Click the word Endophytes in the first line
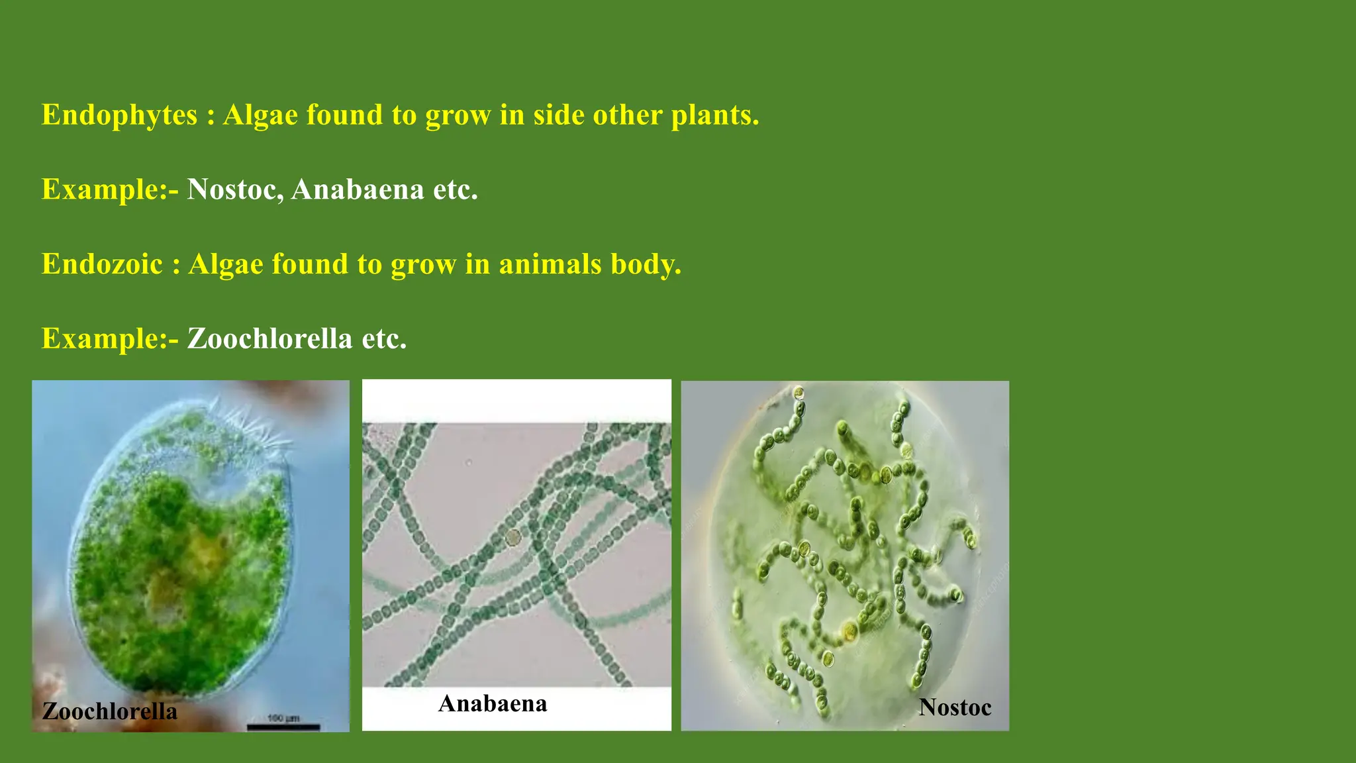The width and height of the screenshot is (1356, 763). tap(119, 115)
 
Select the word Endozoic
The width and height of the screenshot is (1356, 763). tap(102, 264)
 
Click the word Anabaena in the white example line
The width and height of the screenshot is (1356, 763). tap(358, 189)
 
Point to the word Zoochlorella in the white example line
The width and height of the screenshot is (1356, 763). tap(269, 339)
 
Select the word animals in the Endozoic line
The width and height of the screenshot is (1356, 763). tap(550, 264)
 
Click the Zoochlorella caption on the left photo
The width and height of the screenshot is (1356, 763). tap(110, 711)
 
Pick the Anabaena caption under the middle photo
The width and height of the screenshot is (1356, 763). tap(493, 703)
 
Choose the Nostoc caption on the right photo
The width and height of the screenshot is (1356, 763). tap(955, 707)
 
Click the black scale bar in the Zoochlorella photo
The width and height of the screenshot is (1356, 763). tap(283, 728)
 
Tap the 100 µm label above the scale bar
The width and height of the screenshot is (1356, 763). tap(283, 718)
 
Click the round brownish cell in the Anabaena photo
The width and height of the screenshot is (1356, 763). tap(513, 537)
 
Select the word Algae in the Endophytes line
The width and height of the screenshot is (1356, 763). tap(260, 115)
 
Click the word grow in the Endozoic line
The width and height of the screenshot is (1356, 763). tap(423, 264)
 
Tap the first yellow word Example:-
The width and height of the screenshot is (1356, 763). tap(110, 189)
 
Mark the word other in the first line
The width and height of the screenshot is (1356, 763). tap(627, 115)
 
